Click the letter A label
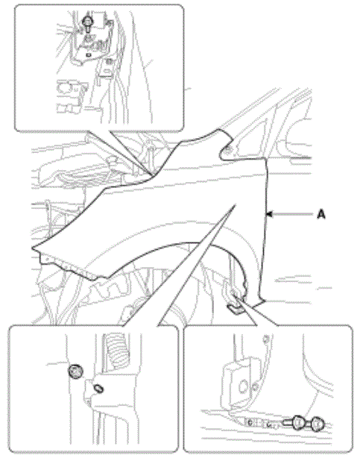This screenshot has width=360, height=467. [321, 214]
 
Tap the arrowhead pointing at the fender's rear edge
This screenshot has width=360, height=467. [269, 214]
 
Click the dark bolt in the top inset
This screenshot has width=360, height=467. [87, 23]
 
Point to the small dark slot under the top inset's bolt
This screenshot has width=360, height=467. [88, 54]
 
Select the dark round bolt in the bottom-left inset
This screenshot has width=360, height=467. [75, 372]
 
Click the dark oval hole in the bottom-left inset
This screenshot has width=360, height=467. [98, 389]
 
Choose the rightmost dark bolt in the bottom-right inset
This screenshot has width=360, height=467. [318, 424]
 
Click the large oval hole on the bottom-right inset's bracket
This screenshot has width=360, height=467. [244, 386]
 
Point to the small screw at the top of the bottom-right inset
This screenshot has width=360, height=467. [267, 339]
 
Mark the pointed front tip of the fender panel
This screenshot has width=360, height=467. [33, 247]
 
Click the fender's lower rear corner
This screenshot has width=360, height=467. [263, 301]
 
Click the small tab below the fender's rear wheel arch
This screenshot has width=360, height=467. [235, 309]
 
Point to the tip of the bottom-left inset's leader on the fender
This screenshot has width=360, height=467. [236, 204]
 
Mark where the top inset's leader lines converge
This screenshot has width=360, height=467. [152, 175]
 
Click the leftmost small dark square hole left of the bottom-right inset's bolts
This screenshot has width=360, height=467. [250, 421]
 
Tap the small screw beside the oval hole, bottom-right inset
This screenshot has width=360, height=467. [255, 387]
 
